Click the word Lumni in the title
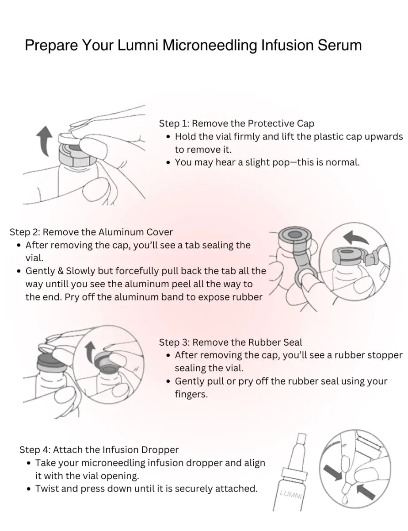tap(137, 45)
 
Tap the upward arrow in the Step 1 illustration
tap(44, 141)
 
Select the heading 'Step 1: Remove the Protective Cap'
tap(236, 123)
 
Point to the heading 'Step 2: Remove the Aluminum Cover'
tap(91, 232)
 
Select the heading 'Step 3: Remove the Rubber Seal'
tap(230, 342)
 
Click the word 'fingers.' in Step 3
tap(191, 394)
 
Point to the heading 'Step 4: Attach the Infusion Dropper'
tap(99, 450)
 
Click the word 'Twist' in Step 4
tap(47, 489)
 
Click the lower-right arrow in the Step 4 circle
tap(365, 492)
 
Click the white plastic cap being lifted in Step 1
tap(69, 139)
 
